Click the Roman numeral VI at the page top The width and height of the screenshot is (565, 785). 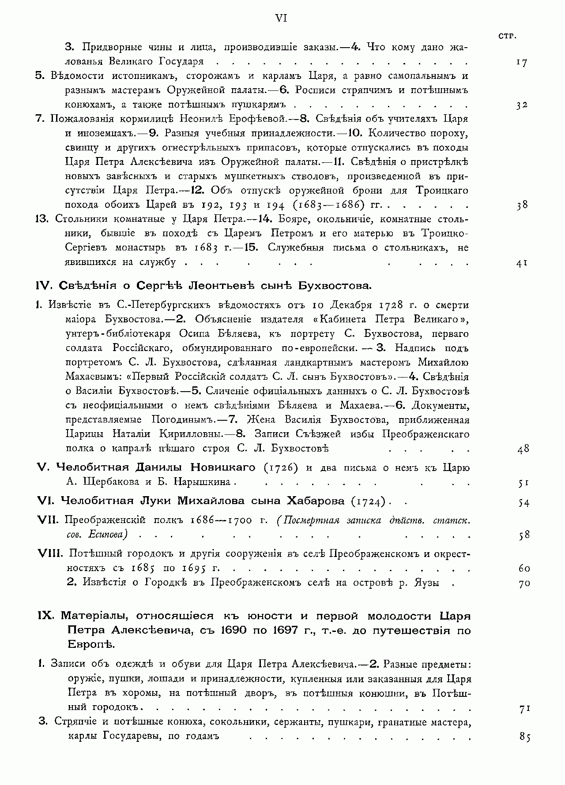coord(282,18)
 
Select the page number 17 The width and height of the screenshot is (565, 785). coord(521,62)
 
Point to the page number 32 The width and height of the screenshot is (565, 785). coord(521,105)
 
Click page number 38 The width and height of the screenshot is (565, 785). coord(522,205)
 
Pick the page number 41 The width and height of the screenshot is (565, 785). coord(522,263)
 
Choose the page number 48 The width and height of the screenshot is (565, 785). coord(523,449)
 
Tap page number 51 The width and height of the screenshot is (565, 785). coord(524,482)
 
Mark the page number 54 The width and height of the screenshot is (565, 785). coord(524,502)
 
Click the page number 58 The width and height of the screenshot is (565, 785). coord(524,535)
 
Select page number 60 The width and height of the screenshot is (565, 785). coord(524,568)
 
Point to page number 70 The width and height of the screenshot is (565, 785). coord(524,583)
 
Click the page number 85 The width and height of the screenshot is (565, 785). coord(524,737)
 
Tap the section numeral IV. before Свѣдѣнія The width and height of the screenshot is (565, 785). coord(45,286)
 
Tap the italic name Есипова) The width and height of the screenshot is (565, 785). coord(108,535)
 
